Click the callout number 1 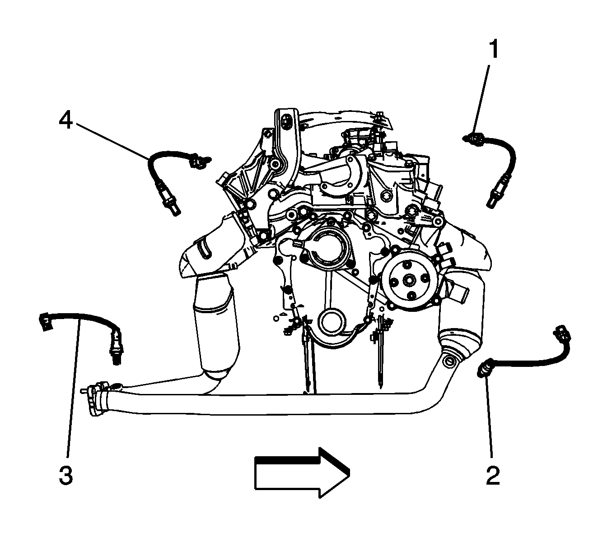tap(493, 49)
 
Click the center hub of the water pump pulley tap(408, 280)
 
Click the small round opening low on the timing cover tap(332, 324)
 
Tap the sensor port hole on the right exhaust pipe tap(449, 361)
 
